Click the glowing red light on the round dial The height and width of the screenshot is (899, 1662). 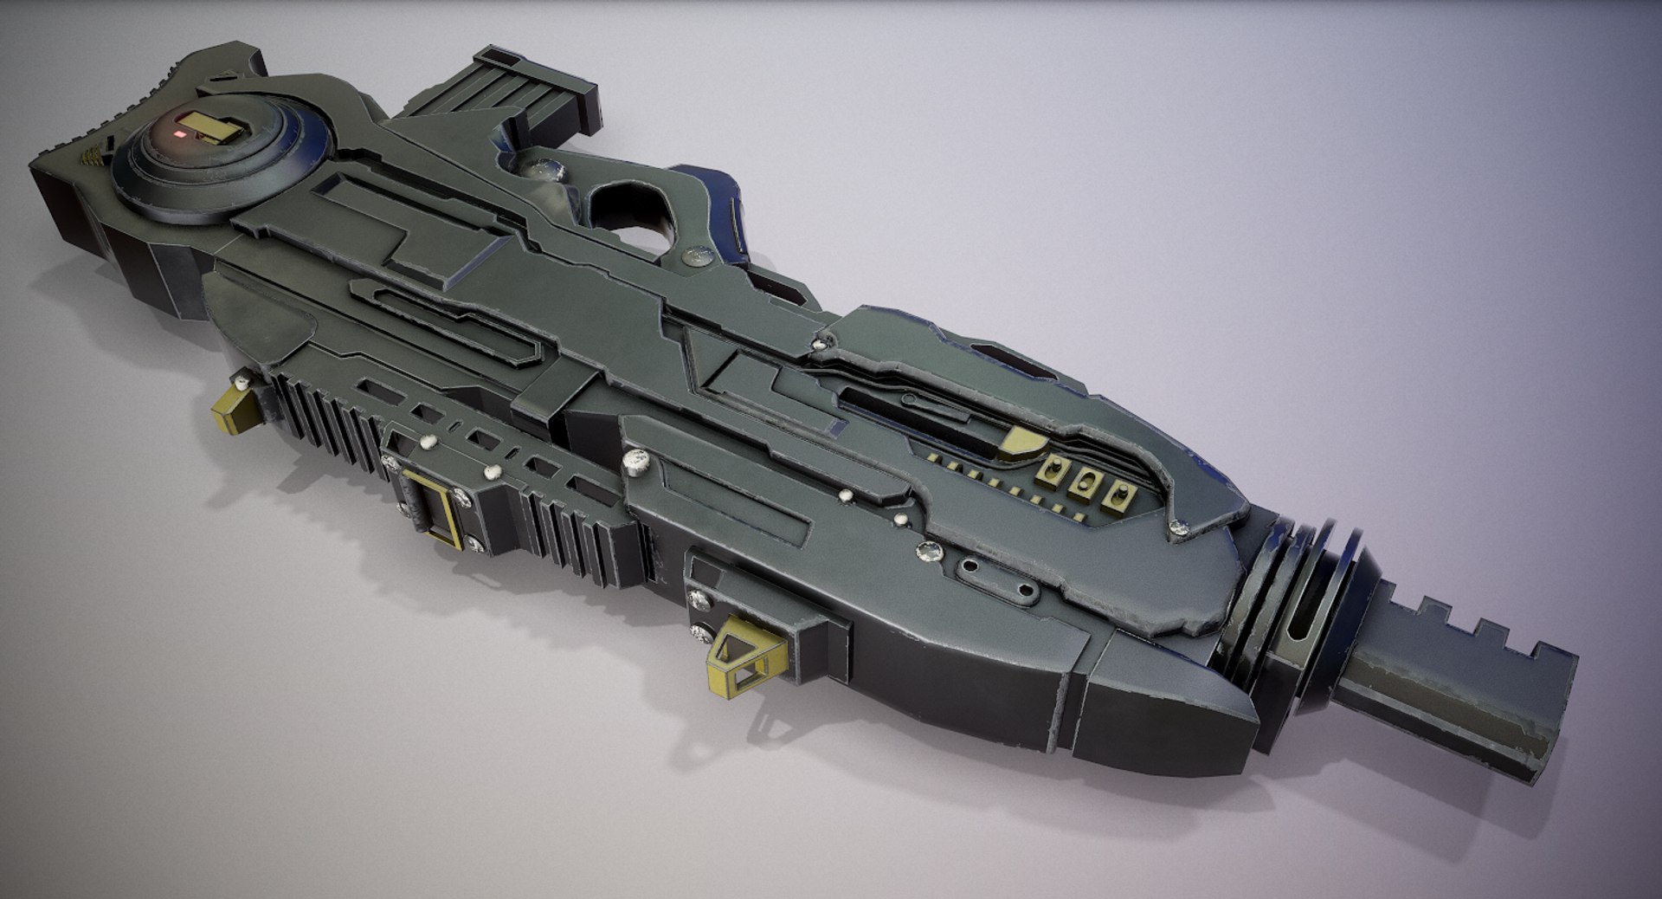tap(179, 135)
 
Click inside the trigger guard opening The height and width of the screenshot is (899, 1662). tap(626, 205)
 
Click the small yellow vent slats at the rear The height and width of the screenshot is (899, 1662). tap(91, 155)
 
